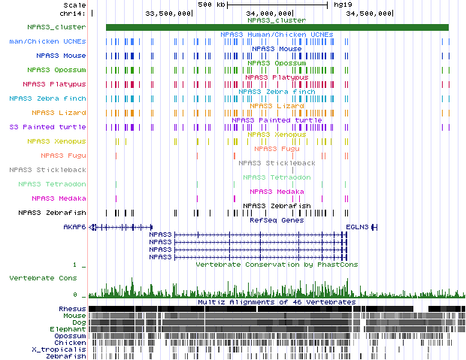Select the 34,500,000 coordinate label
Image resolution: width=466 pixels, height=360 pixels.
point(370,13)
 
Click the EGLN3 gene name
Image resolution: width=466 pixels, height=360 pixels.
point(356,226)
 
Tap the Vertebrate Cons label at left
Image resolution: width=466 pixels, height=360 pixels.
point(44,278)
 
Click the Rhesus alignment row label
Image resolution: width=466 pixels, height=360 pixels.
point(72,309)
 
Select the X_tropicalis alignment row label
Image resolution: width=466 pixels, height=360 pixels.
point(59,349)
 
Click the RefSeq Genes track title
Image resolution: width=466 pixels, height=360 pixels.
point(276,219)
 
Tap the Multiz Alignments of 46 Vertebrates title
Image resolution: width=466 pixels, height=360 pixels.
point(276,302)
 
